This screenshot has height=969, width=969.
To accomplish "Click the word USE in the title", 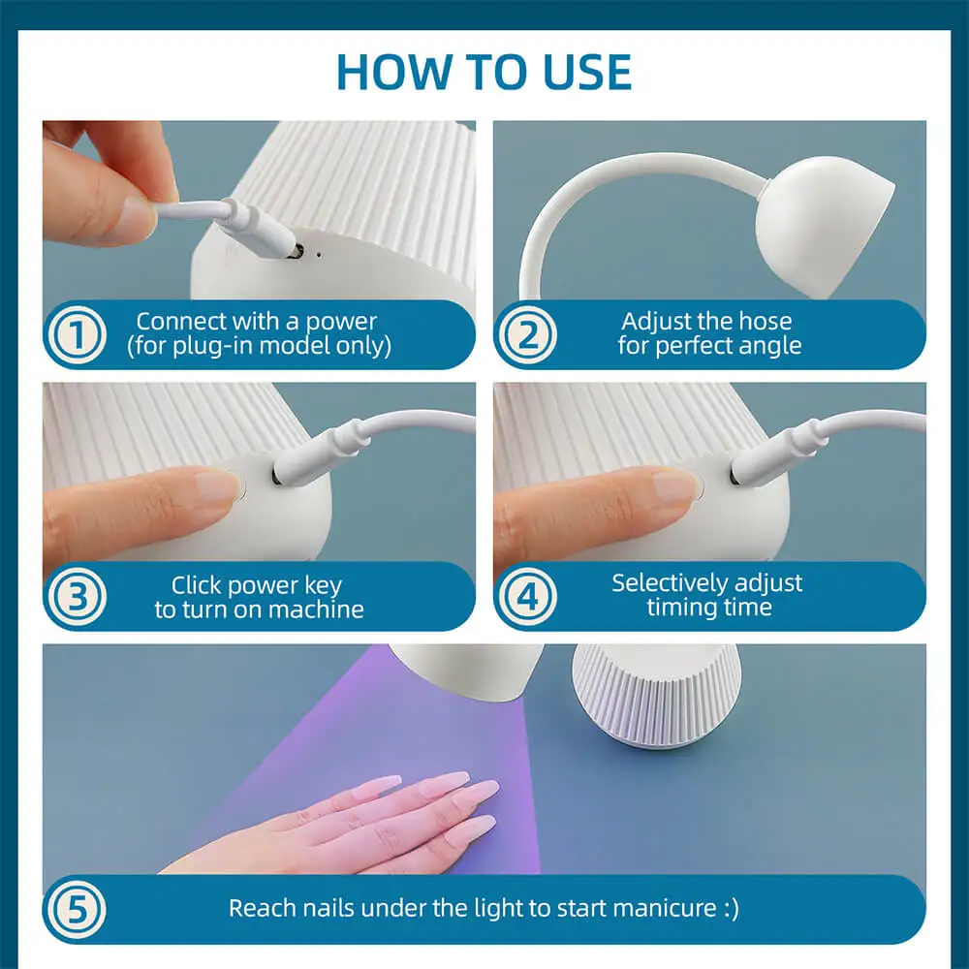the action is click(x=587, y=72).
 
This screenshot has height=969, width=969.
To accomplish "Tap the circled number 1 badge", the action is click(x=78, y=334).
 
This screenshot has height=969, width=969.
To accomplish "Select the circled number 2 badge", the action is click(x=528, y=334).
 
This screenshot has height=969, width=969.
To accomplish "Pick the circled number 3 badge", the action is click(x=78, y=597).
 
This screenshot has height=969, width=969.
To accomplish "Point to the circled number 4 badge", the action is click(x=528, y=597).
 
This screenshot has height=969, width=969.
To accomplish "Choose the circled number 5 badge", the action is click(x=78, y=910).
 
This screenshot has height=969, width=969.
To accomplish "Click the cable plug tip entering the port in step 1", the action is click(x=296, y=251).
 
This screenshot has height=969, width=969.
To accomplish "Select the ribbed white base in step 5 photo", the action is click(x=656, y=695).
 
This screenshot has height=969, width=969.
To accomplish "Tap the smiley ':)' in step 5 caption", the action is click(x=731, y=909).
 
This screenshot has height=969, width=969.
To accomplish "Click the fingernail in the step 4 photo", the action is click(x=675, y=485).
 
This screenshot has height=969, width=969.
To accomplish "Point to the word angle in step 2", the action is click(x=773, y=346).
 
